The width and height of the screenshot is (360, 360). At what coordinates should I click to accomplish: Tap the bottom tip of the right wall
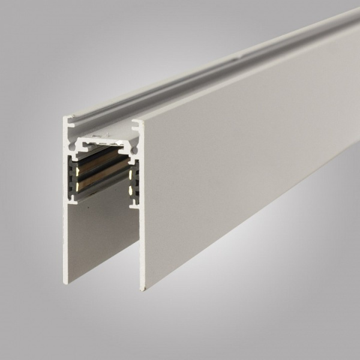coord(143,290)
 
